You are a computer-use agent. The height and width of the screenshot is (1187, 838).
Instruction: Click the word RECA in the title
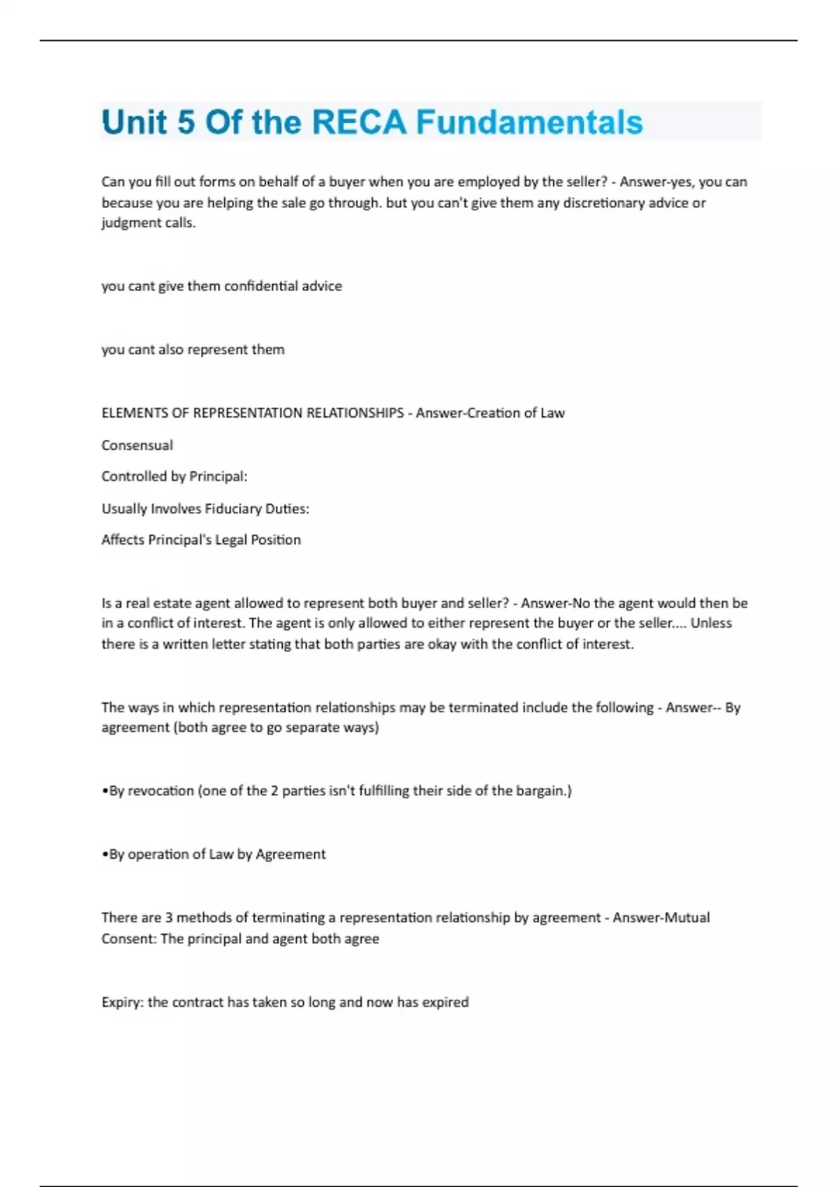click(358, 122)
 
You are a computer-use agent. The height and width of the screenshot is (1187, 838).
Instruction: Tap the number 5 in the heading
click(186, 122)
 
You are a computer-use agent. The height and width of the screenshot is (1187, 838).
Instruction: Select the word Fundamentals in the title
click(529, 122)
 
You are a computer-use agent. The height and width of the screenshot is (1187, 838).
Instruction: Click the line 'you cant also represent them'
click(193, 349)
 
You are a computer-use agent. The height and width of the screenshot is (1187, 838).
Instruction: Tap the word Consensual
click(137, 445)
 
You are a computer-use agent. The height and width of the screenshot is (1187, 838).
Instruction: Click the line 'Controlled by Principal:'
click(174, 476)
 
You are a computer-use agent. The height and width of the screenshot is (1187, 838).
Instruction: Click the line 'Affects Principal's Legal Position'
click(200, 540)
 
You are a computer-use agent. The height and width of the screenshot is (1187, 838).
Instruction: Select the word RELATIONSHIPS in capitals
click(355, 413)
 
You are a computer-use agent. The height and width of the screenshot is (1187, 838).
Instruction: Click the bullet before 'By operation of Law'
click(105, 855)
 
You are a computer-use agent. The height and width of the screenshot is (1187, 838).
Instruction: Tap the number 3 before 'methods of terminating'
click(168, 917)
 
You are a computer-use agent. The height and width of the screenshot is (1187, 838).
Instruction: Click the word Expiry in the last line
click(122, 1002)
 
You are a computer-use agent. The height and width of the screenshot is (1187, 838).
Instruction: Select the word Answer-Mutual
click(661, 917)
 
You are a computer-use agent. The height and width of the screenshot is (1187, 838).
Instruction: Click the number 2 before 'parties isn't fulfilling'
click(274, 790)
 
